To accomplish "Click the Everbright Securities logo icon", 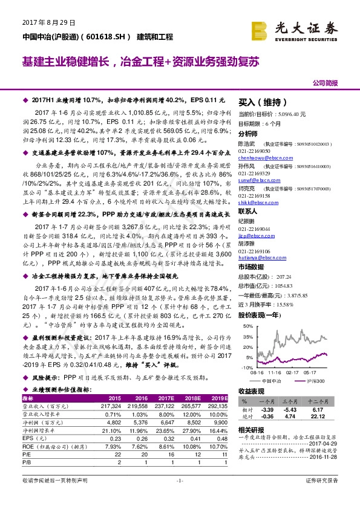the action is (260, 30).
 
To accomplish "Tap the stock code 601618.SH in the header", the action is (107, 37).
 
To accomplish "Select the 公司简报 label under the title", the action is (325, 83).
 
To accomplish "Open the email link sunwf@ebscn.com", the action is (255, 180).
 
